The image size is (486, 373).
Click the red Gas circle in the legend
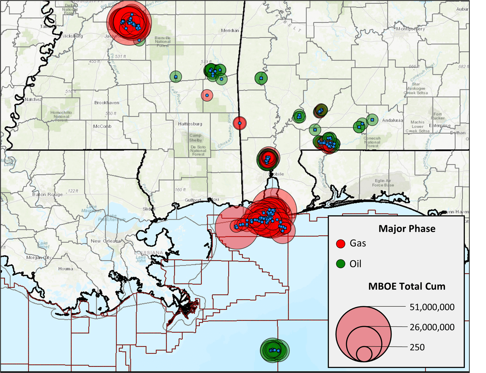[340, 244]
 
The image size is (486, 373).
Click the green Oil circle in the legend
[340, 264]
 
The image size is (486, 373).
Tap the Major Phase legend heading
[407, 229]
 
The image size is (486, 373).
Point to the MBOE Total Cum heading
[407, 286]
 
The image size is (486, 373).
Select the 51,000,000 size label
[432, 307]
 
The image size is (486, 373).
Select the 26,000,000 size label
[432, 327]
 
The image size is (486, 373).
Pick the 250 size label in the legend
[417, 347]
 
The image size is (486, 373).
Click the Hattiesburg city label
[190, 124]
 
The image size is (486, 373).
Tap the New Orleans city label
[106, 241]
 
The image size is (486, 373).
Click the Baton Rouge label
[47, 194]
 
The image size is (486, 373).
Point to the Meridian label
[230, 30]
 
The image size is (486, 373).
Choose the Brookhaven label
[107, 103]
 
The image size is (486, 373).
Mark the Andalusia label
[392, 120]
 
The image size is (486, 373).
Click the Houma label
[66, 269]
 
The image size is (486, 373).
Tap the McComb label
[102, 126]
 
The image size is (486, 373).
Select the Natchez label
[33, 99]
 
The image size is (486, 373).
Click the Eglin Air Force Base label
[383, 183]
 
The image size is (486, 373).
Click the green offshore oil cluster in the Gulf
[274, 350]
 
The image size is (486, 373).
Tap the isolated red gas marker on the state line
[240, 123]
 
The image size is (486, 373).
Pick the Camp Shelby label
[195, 138]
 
